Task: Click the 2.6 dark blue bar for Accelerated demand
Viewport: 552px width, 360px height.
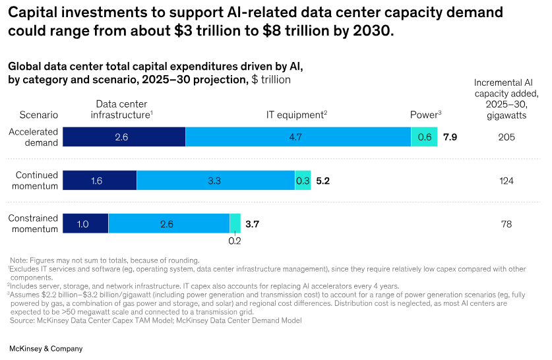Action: (x=124, y=137)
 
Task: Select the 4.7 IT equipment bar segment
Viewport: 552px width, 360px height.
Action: (x=298, y=137)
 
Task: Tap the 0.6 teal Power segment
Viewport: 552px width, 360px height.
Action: (x=424, y=137)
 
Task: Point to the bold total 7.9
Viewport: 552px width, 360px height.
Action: (x=450, y=137)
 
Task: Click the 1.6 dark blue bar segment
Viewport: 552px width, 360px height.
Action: (x=100, y=180)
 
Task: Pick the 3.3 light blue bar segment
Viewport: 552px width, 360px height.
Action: (x=216, y=180)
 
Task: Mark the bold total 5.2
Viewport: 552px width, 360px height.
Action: (x=323, y=180)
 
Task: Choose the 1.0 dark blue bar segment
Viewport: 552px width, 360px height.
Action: (x=86, y=224)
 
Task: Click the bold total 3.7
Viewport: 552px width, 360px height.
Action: (x=252, y=224)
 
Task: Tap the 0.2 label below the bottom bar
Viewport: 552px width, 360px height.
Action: (x=234, y=241)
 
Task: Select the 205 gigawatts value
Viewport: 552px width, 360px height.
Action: (x=506, y=137)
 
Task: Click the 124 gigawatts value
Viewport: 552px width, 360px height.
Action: (x=506, y=180)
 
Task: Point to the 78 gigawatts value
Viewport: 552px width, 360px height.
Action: (x=506, y=224)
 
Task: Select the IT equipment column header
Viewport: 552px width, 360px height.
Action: (x=296, y=115)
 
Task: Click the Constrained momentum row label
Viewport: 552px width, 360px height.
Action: (x=34, y=224)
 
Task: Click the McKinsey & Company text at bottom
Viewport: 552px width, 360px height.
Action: (x=46, y=348)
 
